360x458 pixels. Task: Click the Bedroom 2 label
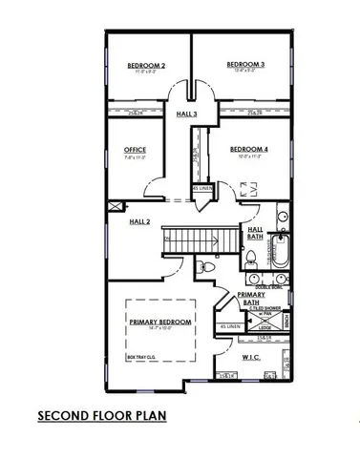point(146,66)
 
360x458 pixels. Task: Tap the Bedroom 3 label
point(245,65)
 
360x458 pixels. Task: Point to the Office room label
point(135,150)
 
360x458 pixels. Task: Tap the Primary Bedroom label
point(159,323)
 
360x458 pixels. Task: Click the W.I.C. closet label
point(251,357)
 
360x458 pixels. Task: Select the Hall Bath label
point(256,233)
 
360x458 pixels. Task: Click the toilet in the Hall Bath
point(249,259)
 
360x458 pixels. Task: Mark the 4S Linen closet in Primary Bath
point(230,327)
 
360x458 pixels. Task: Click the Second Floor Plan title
point(101,417)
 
